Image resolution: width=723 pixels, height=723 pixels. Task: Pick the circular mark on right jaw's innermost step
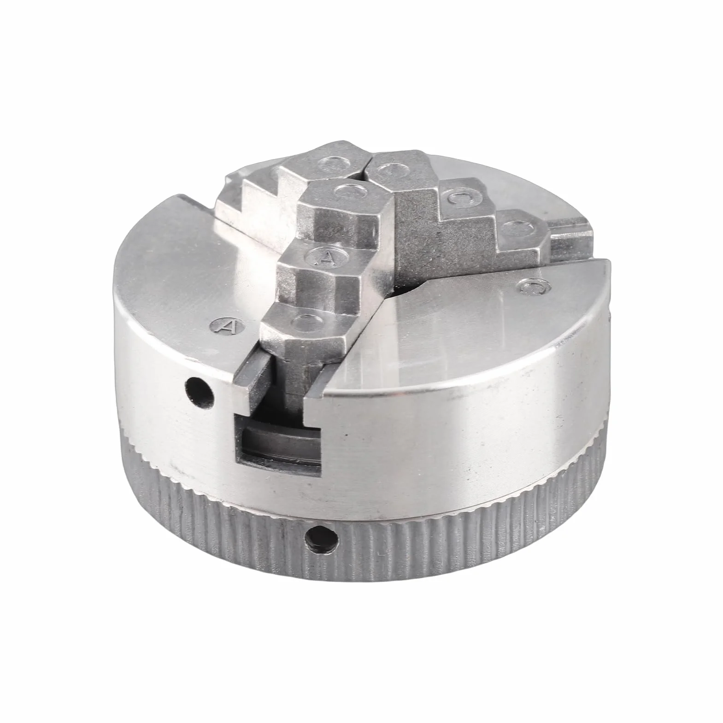(x=389, y=171)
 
